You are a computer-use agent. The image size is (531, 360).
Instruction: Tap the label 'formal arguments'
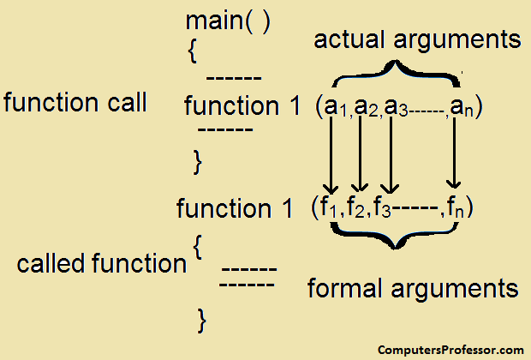pos(413,288)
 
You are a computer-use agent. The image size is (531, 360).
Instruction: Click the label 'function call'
pos(75,103)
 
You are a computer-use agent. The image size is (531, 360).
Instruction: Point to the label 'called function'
pos(101,263)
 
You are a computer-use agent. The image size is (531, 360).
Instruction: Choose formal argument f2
pos(357,208)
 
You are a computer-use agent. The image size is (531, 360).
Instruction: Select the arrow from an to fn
pos(455,154)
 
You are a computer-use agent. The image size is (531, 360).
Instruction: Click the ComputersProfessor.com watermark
pos(450,348)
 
